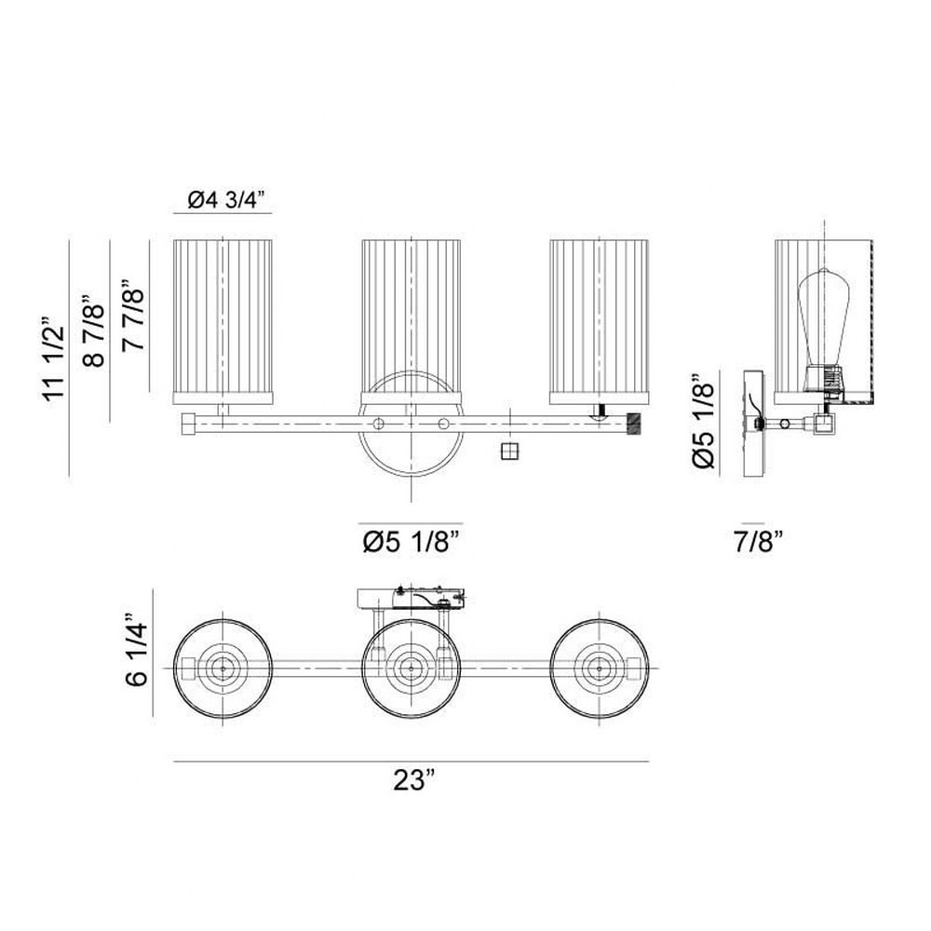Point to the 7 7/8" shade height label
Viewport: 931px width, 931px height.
pyautogui.click(x=133, y=316)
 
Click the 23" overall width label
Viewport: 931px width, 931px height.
pyautogui.click(x=414, y=779)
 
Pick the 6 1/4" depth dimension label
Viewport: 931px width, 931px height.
pyautogui.click(x=136, y=654)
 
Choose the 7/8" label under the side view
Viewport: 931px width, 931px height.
pyautogui.click(x=759, y=542)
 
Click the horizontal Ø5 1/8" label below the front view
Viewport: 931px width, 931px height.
pyautogui.click(x=412, y=542)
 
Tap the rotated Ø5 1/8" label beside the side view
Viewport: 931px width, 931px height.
pyautogui.click(x=704, y=422)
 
